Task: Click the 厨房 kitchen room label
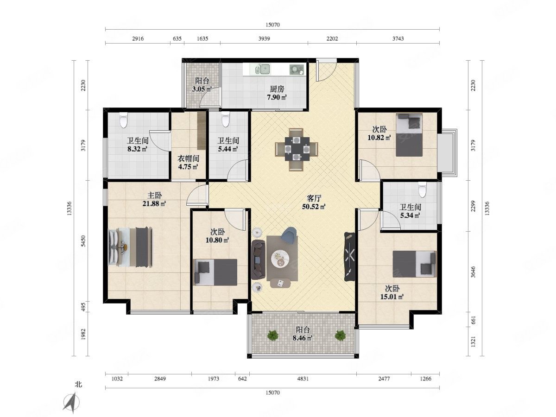click(x=277, y=89)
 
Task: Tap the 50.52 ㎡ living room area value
click(x=314, y=207)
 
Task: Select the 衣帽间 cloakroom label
click(x=188, y=158)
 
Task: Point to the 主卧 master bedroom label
click(x=154, y=196)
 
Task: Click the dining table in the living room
click(x=297, y=149)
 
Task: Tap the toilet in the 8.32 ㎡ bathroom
click(x=123, y=120)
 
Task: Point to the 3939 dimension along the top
click(x=264, y=38)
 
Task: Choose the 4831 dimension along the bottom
click(x=303, y=379)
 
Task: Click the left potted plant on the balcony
click(x=273, y=335)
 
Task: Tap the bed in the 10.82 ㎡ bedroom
click(x=409, y=135)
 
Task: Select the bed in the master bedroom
click(x=131, y=247)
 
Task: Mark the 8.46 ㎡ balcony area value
click(x=303, y=338)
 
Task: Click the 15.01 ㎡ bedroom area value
click(x=392, y=297)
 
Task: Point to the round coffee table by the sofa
click(x=280, y=259)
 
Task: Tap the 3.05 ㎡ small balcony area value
click(x=202, y=89)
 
